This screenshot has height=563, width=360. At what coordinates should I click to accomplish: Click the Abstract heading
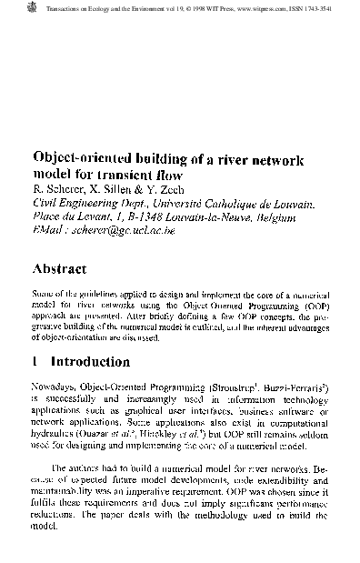(59, 269)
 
